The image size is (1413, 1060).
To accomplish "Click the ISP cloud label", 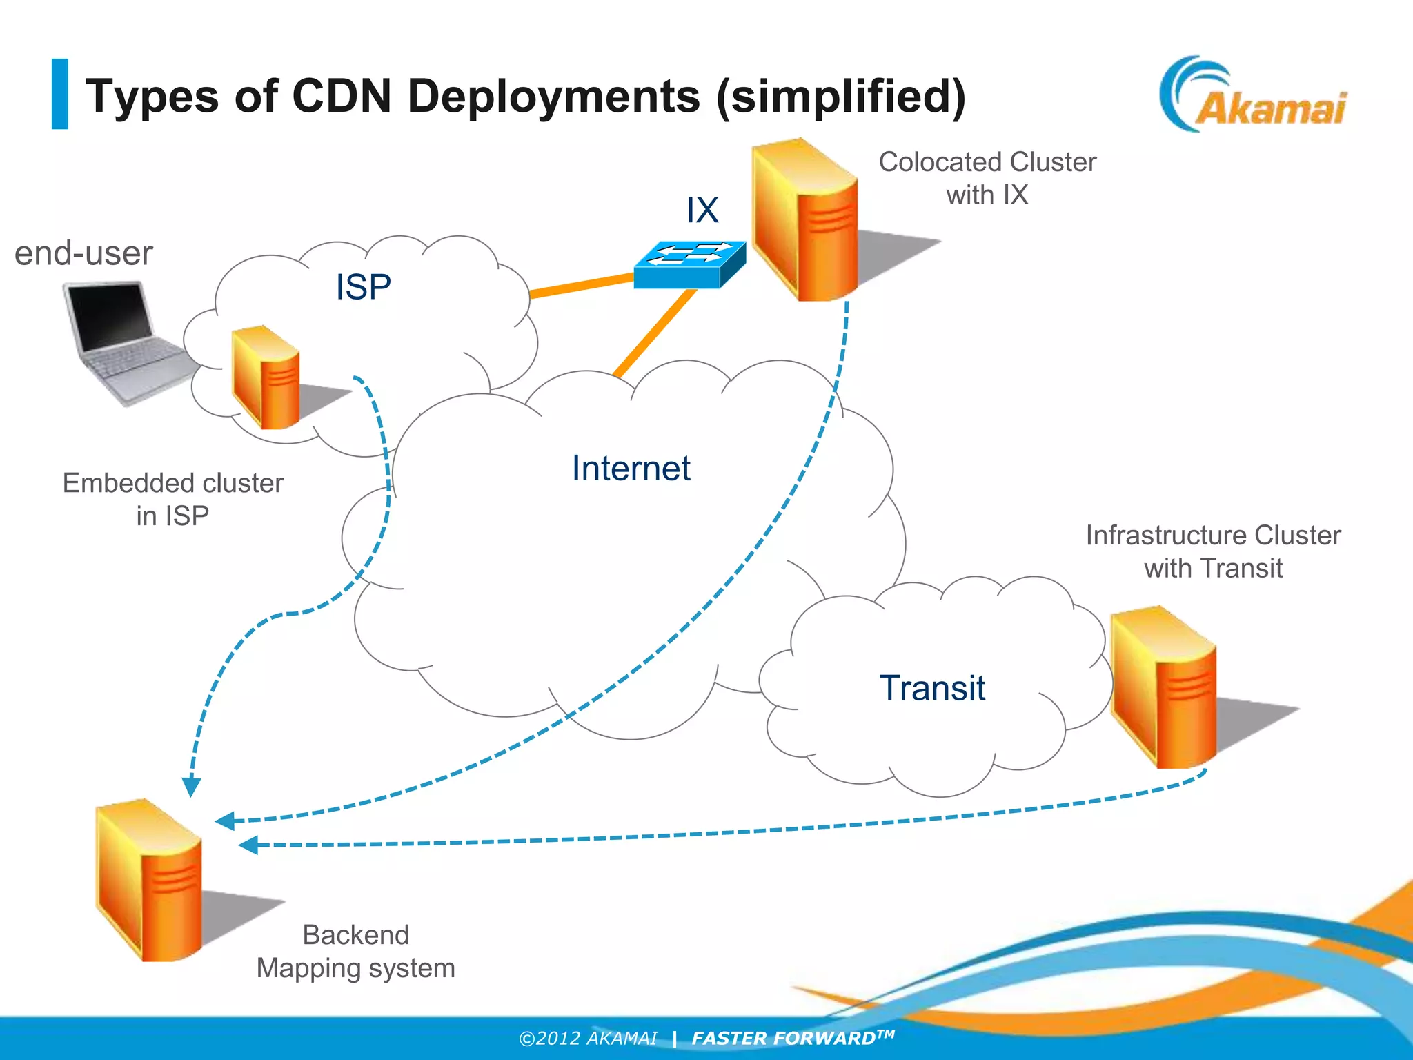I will pyautogui.click(x=363, y=287).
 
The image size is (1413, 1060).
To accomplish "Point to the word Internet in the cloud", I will pyautogui.click(x=631, y=469).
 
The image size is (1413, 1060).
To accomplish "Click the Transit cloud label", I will pyautogui.click(x=932, y=688).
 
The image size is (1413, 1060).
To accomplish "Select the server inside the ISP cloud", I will pyautogui.click(x=266, y=377).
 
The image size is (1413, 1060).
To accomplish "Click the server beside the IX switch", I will pyautogui.click(x=804, y=221).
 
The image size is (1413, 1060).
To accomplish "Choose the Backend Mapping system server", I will pyautogui.click(x=149, y=881).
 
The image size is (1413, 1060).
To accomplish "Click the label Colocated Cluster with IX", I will pyautogui.click(x=987, y=178).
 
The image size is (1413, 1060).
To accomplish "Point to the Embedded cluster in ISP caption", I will pyautogui.click(x=172, y=499).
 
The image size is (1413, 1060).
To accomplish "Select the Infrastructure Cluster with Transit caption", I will pyautogui.click(x=1213, y=551).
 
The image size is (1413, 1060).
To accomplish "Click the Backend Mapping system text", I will pyautogui.click(x=356, y=952).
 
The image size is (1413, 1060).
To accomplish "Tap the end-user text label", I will pyautogui.click(x=83, y=253).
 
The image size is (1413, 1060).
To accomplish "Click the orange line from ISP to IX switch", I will pyautogui.click(x=581, y=286).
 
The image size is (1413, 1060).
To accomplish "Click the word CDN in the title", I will pyautogui.click(x=342, y=96).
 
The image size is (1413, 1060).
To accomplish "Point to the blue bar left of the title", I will pyautogui.click(x=60, y=94).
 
